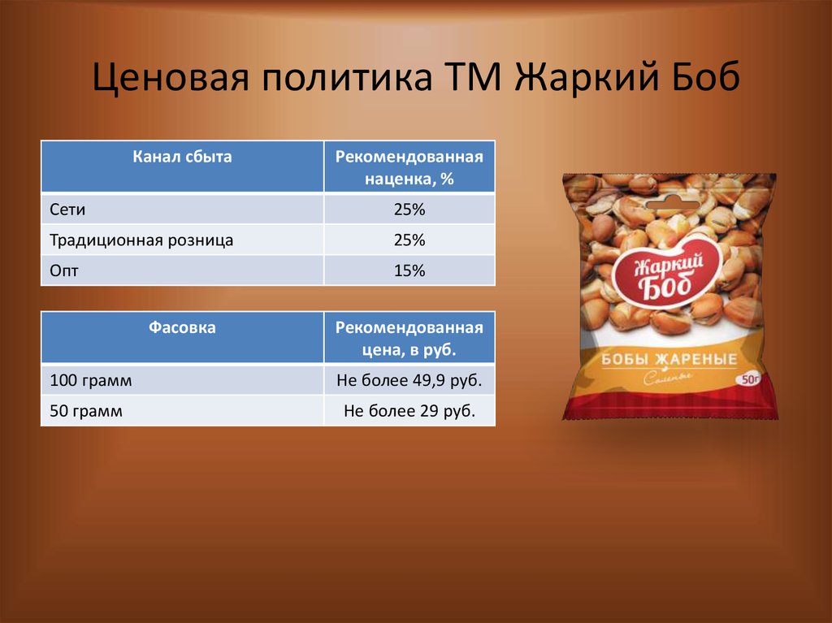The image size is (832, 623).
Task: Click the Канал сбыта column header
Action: click(x=183, y=158)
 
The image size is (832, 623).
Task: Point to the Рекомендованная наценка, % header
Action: click(x=409, y=167)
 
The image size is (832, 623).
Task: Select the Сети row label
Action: click(x=68, y=210)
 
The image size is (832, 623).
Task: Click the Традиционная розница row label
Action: click(x=141, y=240)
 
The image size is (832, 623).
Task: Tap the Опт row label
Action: click(x=64, y=270)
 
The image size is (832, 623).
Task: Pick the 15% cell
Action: click(x=409, y=270)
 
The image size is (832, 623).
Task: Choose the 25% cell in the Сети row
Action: click(x=409, y=210)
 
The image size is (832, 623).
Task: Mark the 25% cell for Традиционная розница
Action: click(x=409, y=240)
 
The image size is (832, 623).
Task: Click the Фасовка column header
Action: click(x=183, y=328)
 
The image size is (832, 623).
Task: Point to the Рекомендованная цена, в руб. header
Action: click(x=409, y=338)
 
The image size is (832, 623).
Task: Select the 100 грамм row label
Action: click(x=90, y=380)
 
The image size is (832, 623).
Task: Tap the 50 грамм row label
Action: click(x=86, y=411)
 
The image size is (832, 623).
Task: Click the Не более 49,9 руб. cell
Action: click(x=409, y=380)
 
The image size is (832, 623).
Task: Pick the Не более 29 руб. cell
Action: click(x=409, y=411)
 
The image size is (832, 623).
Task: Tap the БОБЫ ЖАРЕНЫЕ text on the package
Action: click(x=669, y=359)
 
